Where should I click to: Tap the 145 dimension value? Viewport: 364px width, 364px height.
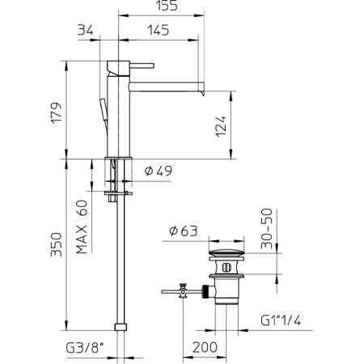pyautogui.click(x=159, y=31)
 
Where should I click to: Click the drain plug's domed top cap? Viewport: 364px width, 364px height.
pyautogui.click(x=226, y=256)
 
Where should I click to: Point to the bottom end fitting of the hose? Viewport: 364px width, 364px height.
pyautogui.click(x=121, y=327)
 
